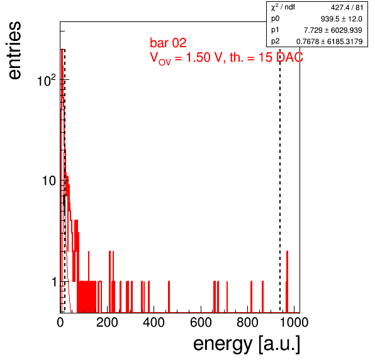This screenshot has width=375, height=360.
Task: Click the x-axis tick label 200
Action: pos(107,323)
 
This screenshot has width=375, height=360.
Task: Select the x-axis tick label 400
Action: pos(154,323)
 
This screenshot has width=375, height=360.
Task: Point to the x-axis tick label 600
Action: pos(201,323)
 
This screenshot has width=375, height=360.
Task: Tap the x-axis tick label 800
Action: pos(247,323)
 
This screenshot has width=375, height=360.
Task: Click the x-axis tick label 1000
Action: pos(294,323)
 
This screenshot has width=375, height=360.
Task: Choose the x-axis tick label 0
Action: pos(60,323)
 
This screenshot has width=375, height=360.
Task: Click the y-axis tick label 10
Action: pos(49,181)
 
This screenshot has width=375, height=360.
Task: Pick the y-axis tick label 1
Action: pos(54,282)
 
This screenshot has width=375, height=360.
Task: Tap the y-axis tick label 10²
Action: pos(47,80)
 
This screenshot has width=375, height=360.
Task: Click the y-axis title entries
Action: pos(15,50)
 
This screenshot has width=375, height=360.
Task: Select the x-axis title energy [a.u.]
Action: pos(247,344)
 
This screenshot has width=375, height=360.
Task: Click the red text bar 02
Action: pos(168,43)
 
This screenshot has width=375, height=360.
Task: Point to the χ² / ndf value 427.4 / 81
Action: pos(347,8)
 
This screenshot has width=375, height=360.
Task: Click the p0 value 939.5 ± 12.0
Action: pos(342,19)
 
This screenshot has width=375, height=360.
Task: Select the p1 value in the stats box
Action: pos(333,30)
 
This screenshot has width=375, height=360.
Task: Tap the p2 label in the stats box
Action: pos(275,42)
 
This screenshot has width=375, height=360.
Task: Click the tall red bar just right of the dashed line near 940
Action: pos(287,282)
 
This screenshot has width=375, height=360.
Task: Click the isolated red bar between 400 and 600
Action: pos(169,297)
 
